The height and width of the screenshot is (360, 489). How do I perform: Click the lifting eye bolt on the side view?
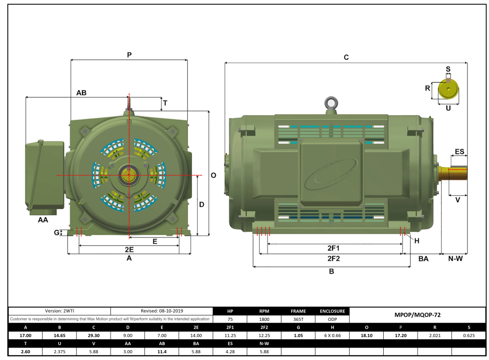coord(330,103)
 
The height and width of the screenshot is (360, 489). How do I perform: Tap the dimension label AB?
coord(81,93)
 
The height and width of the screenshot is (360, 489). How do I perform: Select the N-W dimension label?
coord(455,258)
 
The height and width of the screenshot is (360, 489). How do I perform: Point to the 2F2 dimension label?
coord(334,258)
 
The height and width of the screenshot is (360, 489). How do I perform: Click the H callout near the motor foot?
coord(417,241)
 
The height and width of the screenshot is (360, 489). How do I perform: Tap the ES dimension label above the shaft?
coord(459,152)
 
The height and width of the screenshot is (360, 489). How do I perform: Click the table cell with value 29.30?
coord(94,335)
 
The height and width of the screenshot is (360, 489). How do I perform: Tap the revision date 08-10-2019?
coord(162,311)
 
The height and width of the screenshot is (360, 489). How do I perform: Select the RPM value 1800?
coord(264,319)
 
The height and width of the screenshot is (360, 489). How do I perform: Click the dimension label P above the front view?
coord(129,55)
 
